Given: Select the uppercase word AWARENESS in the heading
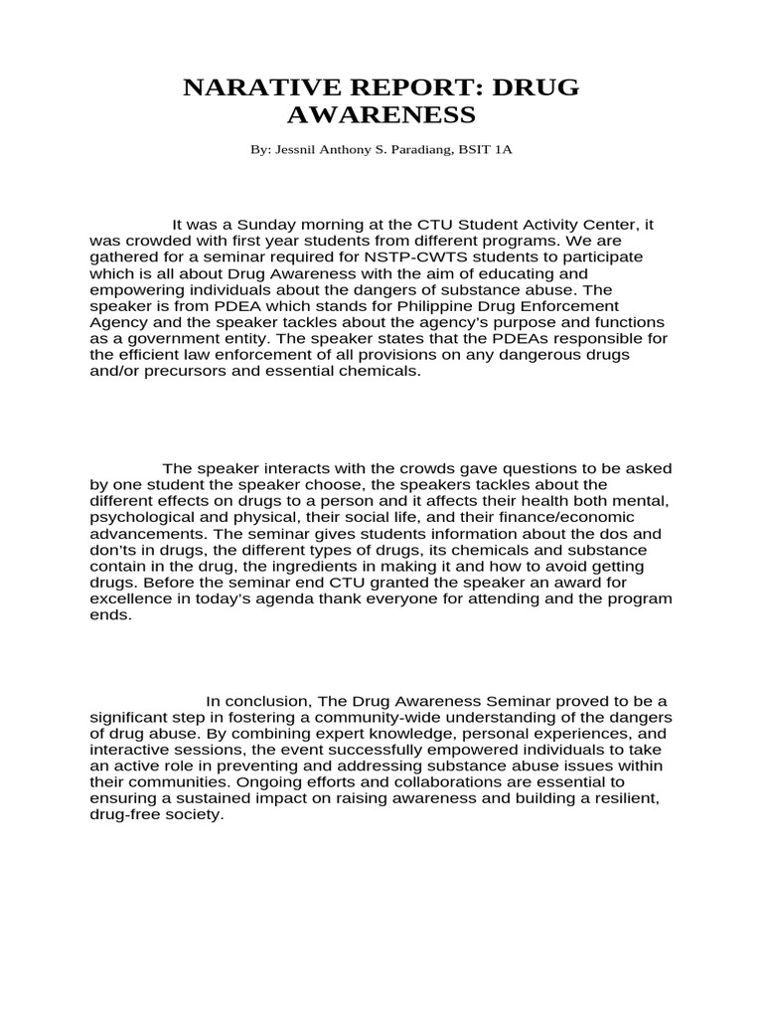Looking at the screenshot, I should [381, 116].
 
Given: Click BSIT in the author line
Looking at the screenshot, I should [478, 150].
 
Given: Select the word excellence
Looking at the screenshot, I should [129, 598].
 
